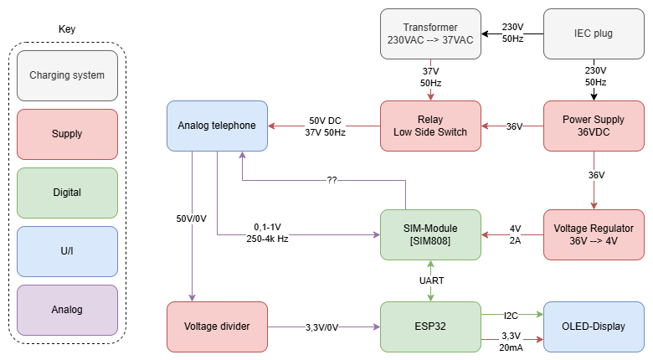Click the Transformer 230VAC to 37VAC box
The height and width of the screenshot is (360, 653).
point(430,34)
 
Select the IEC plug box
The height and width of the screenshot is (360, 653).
point(594,34)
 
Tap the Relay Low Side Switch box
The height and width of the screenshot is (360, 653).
point(430,126)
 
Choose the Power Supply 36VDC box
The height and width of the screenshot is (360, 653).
point(594,126)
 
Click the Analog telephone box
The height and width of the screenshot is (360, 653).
point(217,126)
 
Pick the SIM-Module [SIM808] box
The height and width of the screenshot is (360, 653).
point(430,234)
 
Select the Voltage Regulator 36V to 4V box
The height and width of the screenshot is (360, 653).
point(594,234)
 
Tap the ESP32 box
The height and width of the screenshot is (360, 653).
point(430,327)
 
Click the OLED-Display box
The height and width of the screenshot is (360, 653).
point(594,327)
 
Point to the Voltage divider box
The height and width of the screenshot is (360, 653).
point(217,327)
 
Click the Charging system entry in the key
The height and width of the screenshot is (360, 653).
point(67,75)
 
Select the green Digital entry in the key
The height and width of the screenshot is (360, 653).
point(67,193)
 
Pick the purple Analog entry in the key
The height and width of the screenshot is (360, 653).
point(67,310)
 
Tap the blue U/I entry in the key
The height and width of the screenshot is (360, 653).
point(67,251)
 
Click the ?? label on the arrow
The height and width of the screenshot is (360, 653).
point(332,180)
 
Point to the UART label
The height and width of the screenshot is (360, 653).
point(431,280)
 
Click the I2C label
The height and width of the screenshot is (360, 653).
point(511,315)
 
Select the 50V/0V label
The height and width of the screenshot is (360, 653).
point(192,218)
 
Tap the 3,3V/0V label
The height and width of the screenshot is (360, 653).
point(323,327)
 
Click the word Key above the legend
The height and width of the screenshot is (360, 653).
point(67,29)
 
